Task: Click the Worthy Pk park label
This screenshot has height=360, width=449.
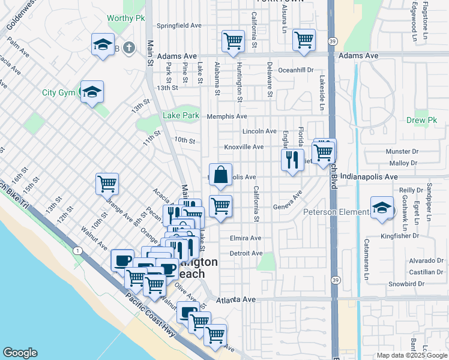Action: click(x=126, y=18)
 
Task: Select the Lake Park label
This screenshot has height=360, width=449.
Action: click(x=181, y=116)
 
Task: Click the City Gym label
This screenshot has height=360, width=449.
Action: click(x=58, y=93)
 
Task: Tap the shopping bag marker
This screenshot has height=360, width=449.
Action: click(x=221, y=175)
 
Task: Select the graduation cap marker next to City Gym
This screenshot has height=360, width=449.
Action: click(x=92, y=92)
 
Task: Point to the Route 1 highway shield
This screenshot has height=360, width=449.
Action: click(x=77, y=250)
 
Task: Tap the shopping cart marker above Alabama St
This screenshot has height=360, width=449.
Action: click(x=232, y=41)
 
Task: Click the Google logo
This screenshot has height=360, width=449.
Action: click(x=20, y=353)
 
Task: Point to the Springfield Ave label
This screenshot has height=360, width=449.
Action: click(x=179, y=26)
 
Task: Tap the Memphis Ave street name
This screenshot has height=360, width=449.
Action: click(x=227, y=116)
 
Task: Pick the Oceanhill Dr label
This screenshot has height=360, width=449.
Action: click(x=297, y=70)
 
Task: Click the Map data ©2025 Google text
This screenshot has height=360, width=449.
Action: click(x=411, y=355)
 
